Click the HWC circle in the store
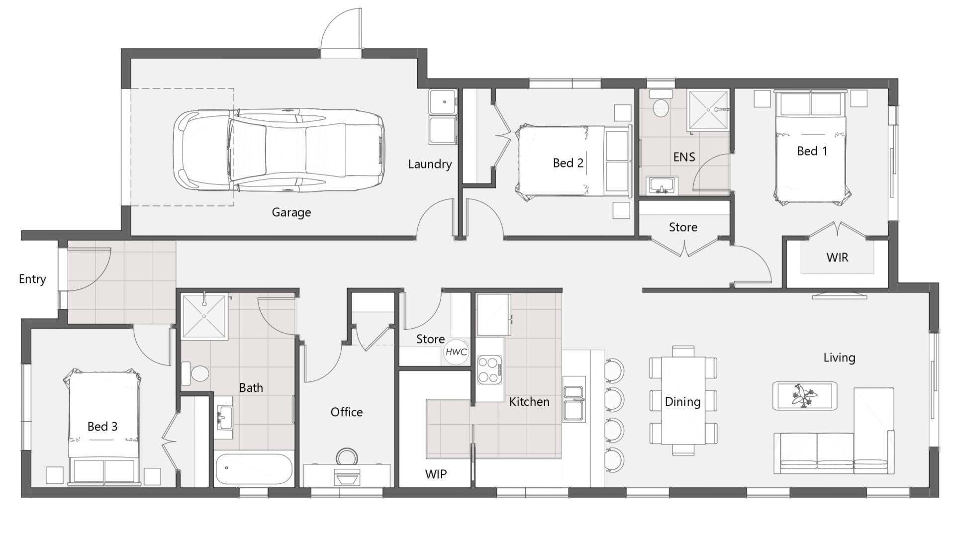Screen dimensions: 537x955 click(456, 352)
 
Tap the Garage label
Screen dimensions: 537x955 click(291, 212)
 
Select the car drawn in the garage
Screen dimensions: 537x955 click(279, 150)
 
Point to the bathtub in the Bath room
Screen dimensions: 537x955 click(254, 469)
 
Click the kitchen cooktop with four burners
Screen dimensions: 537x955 click(489, 370)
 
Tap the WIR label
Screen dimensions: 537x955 click(837, 258)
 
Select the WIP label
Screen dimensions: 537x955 click(436, 474)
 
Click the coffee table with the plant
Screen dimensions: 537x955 click(804, 396)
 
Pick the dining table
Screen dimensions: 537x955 click(683, 401)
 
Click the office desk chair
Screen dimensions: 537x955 click(347, 457)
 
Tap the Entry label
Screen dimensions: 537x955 click(32, 279)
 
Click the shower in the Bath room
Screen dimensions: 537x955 click(204, 316)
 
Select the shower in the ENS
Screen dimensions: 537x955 click(708, 110)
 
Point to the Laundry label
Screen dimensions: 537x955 click(430, 164)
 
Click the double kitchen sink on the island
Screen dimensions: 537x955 click(573, 399)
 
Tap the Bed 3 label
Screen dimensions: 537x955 click(102, 427)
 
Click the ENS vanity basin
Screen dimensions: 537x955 click(662, 185)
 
